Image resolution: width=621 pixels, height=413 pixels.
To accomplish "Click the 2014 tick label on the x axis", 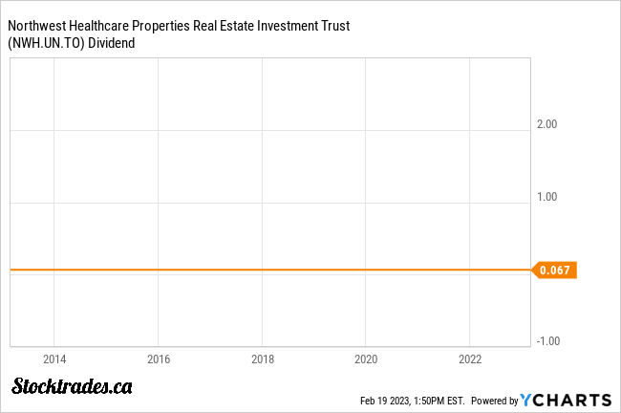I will point(55,359).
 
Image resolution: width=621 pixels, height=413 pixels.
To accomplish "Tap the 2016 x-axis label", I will point(159,359).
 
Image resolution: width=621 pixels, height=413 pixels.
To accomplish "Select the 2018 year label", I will point(263,359).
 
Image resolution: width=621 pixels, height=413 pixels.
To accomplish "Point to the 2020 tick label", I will point(366,359).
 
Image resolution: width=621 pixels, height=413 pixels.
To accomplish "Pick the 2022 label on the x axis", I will point(470,359).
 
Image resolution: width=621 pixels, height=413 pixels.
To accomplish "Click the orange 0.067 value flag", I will point(555,271).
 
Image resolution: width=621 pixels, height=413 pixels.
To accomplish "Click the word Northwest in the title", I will point(36,25).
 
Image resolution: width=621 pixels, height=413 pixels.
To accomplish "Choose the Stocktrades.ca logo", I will point(72,386).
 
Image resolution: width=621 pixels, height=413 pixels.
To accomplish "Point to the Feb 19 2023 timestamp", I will point(410,401).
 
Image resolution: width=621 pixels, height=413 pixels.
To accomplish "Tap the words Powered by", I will point(494,401).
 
